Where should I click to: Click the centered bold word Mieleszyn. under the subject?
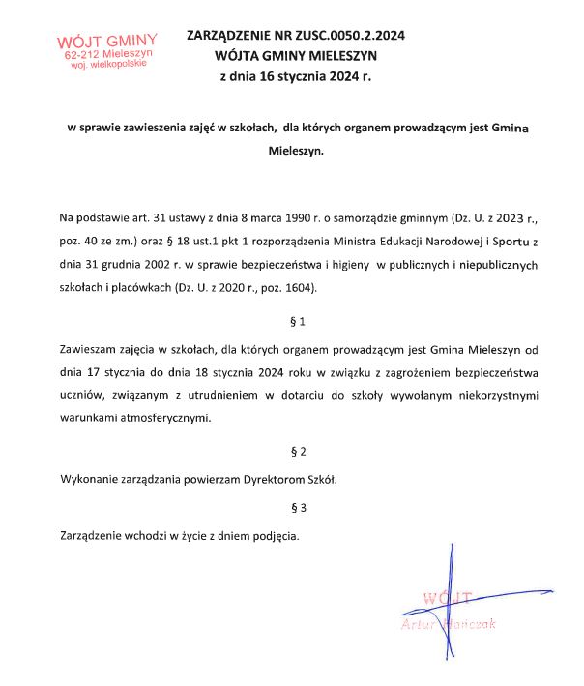[298, 151]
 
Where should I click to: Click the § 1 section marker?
[298, 320]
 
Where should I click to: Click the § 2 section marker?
[298, 451]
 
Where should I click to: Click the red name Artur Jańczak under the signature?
[447, 624]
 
